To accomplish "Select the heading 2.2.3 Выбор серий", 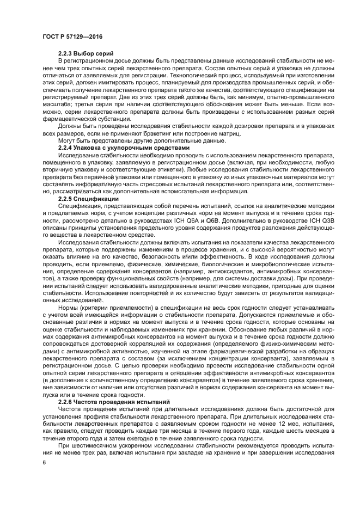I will (x=86, y=53).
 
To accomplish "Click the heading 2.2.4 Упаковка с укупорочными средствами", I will (x=124, y=148).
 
